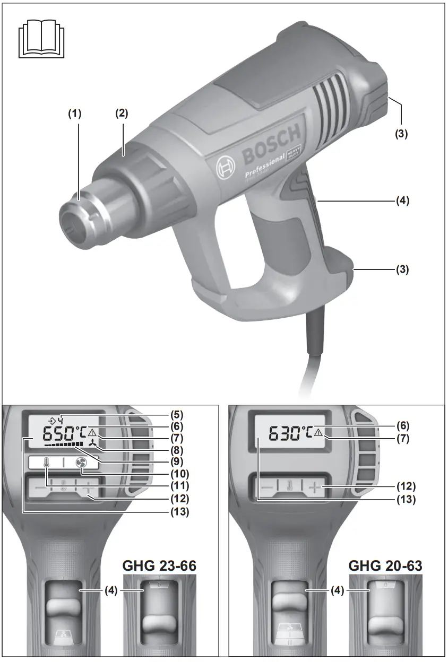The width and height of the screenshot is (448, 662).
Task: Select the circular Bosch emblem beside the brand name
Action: [x=226, y=169]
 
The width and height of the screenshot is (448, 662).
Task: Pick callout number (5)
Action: [x=177, y=413]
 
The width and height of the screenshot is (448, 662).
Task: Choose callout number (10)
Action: [x=177, y=473]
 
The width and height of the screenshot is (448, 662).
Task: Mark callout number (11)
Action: [x=177, y=485]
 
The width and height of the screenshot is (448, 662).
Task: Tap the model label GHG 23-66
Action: [x=159, y=566]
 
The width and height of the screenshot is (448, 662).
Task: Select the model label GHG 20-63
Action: [x=385, y=566]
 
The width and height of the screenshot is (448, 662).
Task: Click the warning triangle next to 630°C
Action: [x=318, y=433]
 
